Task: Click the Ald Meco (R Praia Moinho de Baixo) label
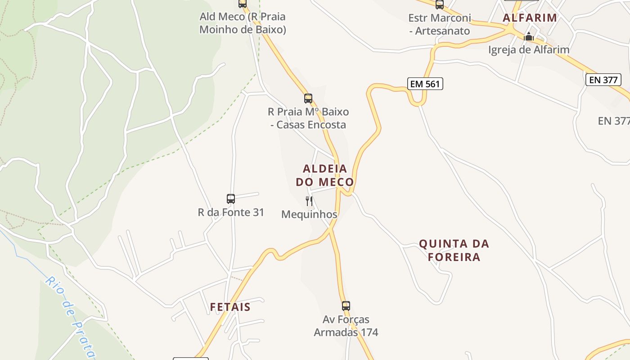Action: [243, 23]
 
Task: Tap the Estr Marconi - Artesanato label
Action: [440, 25]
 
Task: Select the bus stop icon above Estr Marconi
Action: [440, 4]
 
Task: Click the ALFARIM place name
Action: [530, 18]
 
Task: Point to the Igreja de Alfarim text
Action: [529, 49]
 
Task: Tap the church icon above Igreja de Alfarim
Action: [529, 36]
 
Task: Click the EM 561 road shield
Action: [425, 83]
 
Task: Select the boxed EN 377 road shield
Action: [603, 80]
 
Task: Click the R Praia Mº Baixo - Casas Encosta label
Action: [308, 118]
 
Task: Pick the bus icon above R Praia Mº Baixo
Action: [308, 99]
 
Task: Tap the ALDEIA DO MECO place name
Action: [325, 175]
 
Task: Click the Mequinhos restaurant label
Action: [309, 215]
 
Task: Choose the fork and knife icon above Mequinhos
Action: [309, 201]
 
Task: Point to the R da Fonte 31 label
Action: [231, 212]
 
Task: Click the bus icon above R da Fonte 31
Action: [231, 199]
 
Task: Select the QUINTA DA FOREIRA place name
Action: [454, 250]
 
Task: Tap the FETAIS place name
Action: [230, 307]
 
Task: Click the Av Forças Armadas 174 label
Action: [346, 326]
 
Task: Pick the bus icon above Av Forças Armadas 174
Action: [346, 306]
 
